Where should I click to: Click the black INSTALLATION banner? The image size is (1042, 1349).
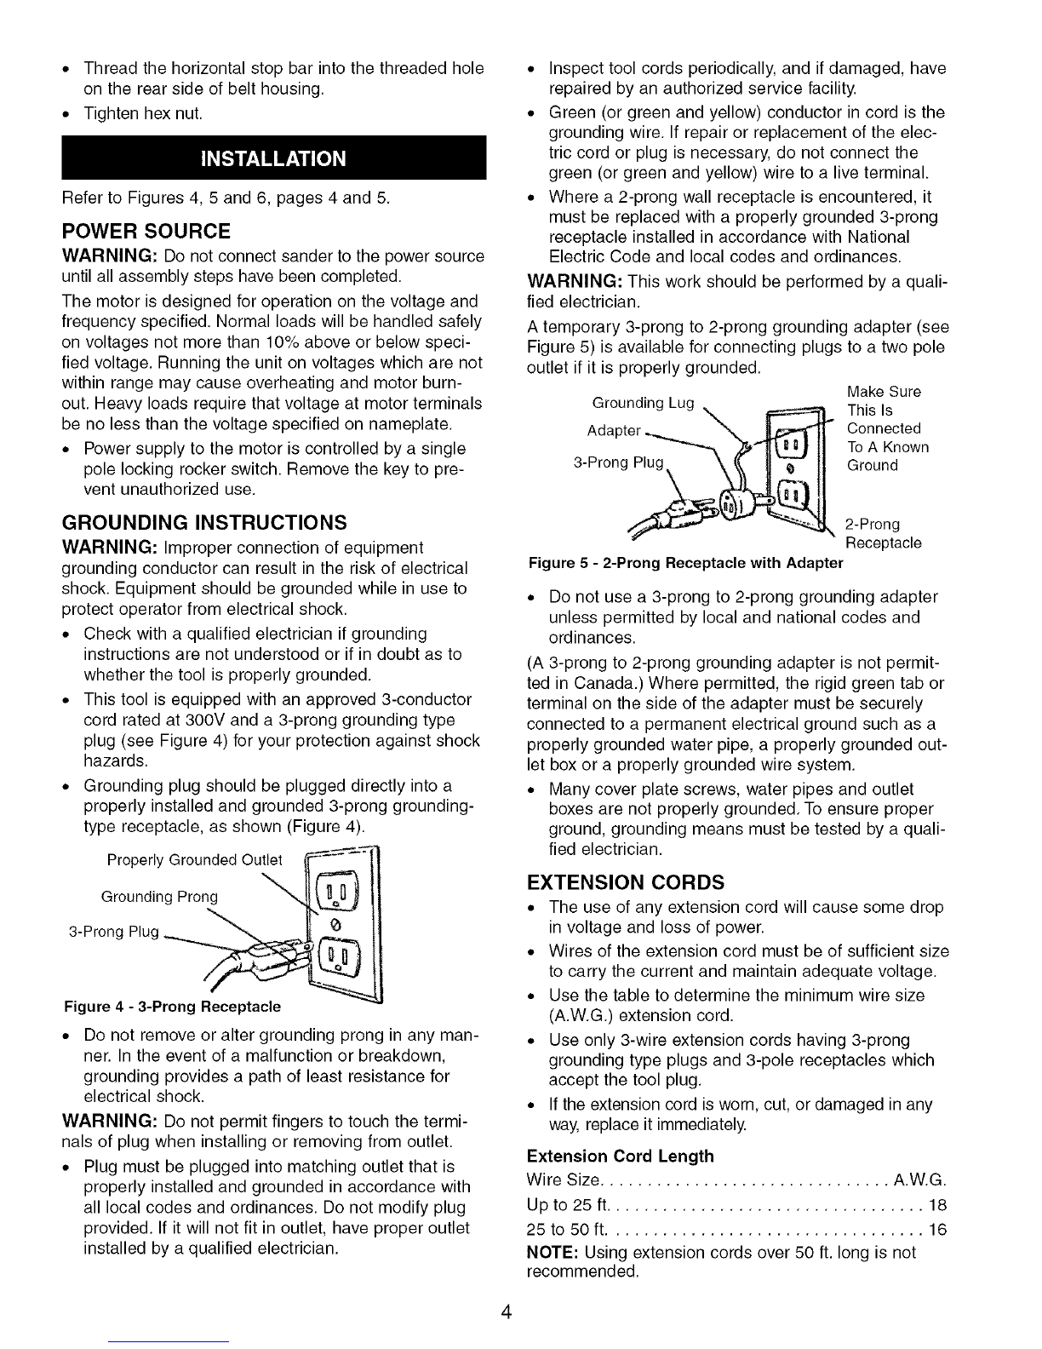[x=274, y=158]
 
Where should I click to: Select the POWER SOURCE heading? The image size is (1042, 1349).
[x=146, y=232]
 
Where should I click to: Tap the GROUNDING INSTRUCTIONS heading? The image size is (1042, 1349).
[x=204, y=522]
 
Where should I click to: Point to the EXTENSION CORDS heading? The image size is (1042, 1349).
[x=626, y=881]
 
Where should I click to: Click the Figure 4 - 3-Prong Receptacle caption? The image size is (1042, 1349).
[x=173, y=1007]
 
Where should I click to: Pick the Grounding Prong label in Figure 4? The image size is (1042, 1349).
[x=159, y=897]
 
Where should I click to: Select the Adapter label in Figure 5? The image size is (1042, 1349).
[x=614, y=430]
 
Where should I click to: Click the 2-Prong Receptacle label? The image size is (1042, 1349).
[x=883, y=534]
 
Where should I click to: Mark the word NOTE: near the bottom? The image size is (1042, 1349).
[x=553, y=1253]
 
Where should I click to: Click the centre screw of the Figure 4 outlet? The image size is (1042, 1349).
[x=335, y=925]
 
